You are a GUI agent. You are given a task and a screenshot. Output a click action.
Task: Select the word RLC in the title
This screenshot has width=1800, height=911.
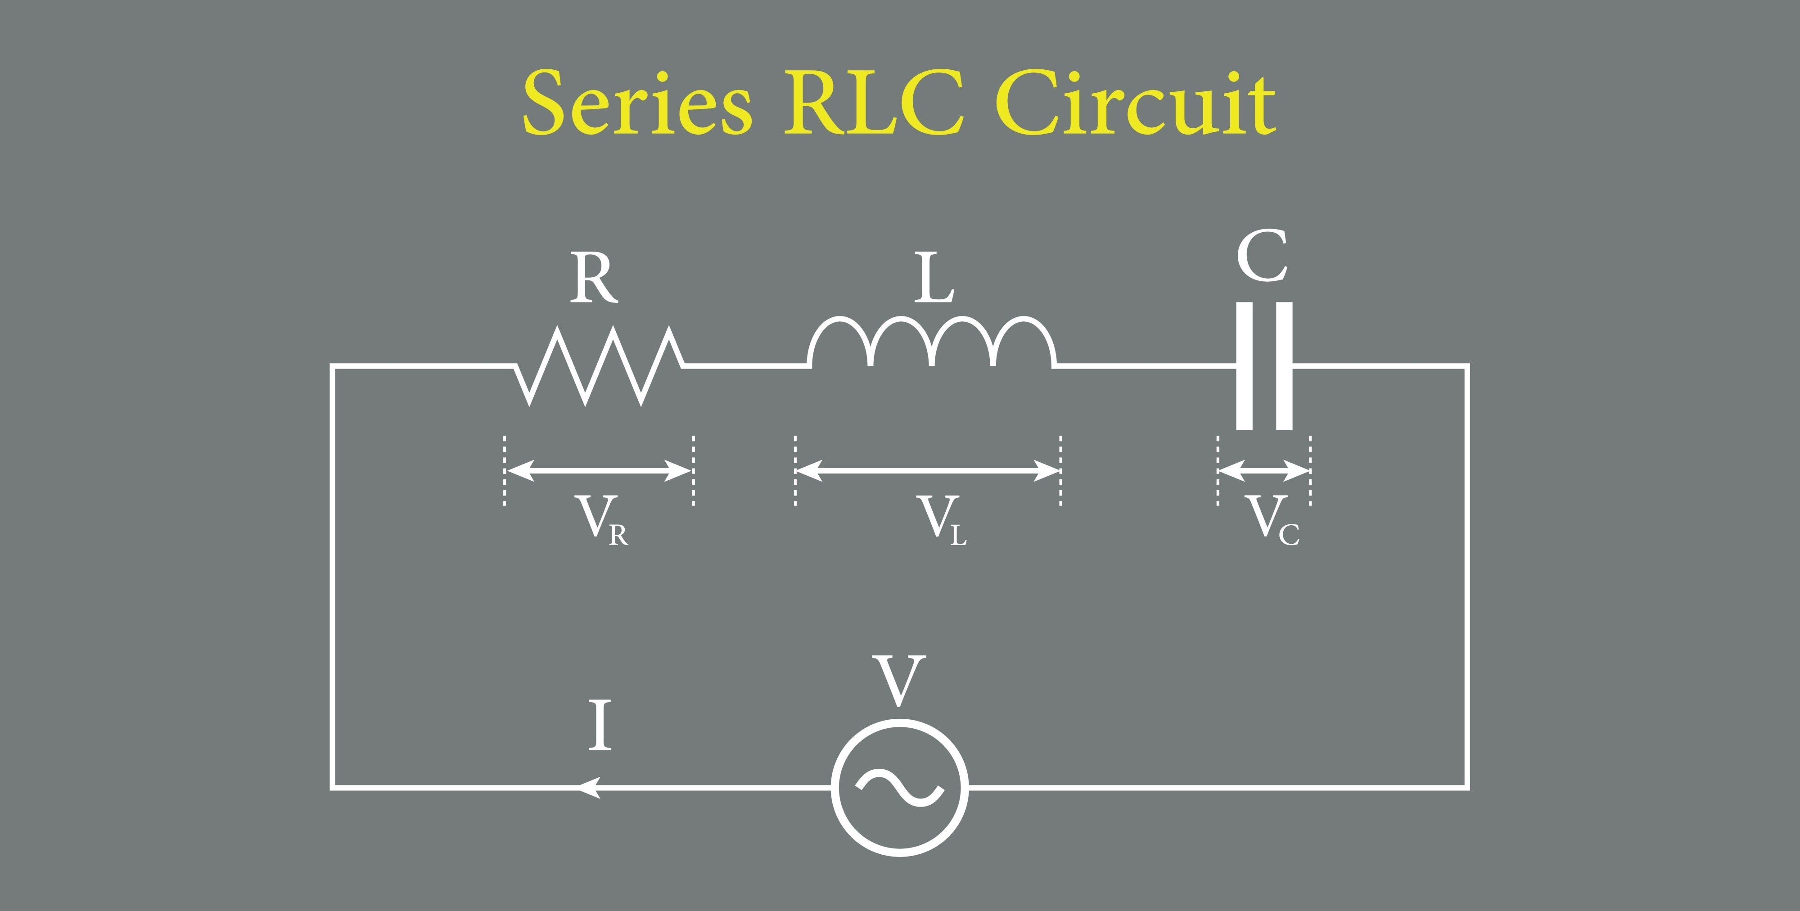(874, 104)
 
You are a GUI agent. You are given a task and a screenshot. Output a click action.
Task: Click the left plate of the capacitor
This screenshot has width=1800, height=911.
(1244, 365)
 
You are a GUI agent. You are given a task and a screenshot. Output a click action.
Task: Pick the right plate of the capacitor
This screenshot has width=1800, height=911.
(1284, 365)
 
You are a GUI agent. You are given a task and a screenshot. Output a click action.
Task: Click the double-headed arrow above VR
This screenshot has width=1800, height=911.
(599, 471)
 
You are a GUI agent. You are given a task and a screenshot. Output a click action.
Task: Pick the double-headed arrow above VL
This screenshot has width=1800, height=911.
(928, 471)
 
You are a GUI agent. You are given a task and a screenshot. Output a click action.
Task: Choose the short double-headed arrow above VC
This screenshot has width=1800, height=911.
(1263, 471)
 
